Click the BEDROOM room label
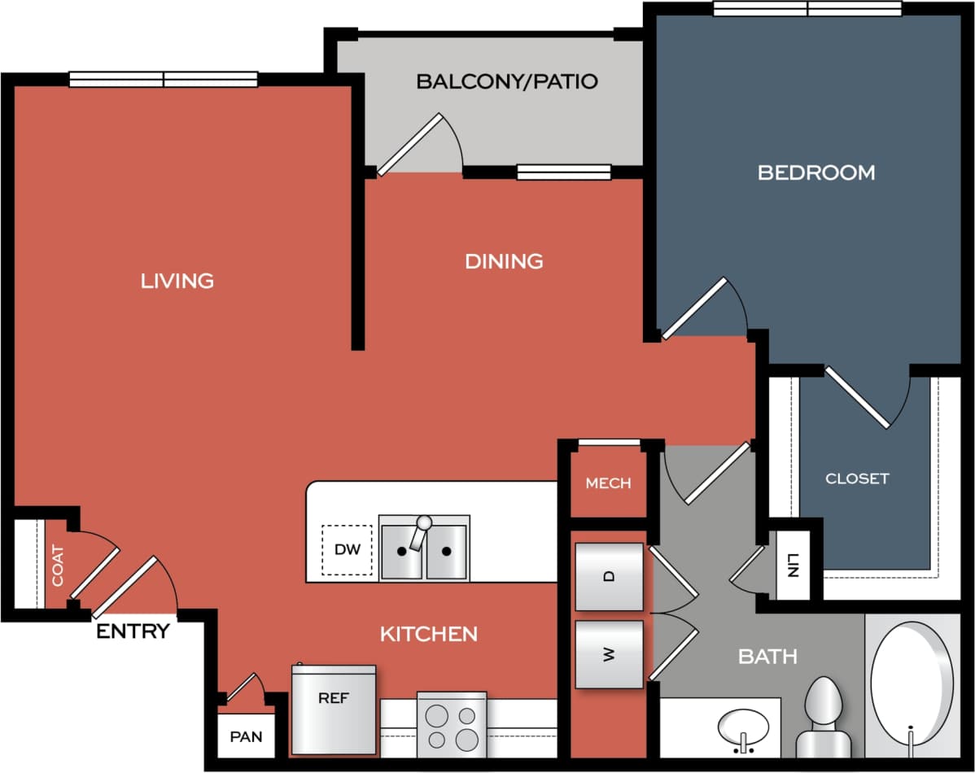coord(816,173)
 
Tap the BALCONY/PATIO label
coord(507,81)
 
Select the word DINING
coord(504,261)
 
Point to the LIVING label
coord(177,281)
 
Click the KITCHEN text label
coord(428,634)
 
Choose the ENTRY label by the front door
coord(133,631)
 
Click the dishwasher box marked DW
coord(347,549)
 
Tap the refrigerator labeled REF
coord(334,708)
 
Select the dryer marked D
coord(609,576)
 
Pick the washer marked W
coord(609,654)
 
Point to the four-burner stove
coord(452,726)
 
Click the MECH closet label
coord(608,483)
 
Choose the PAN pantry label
coord(246,736)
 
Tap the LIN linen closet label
coord(793,566)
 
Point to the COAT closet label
coord(58,565)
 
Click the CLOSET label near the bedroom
coord(857,478)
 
